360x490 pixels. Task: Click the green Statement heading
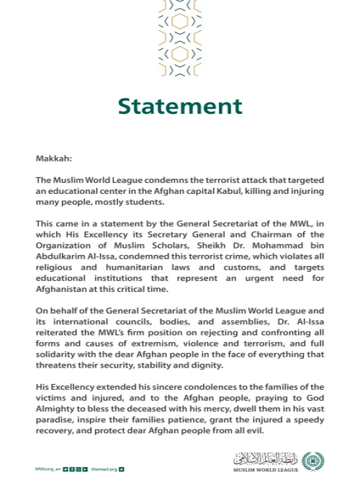pyautogui.click(x=180, y=107)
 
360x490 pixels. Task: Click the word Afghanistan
pyautogui.click(x=66, y=292)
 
